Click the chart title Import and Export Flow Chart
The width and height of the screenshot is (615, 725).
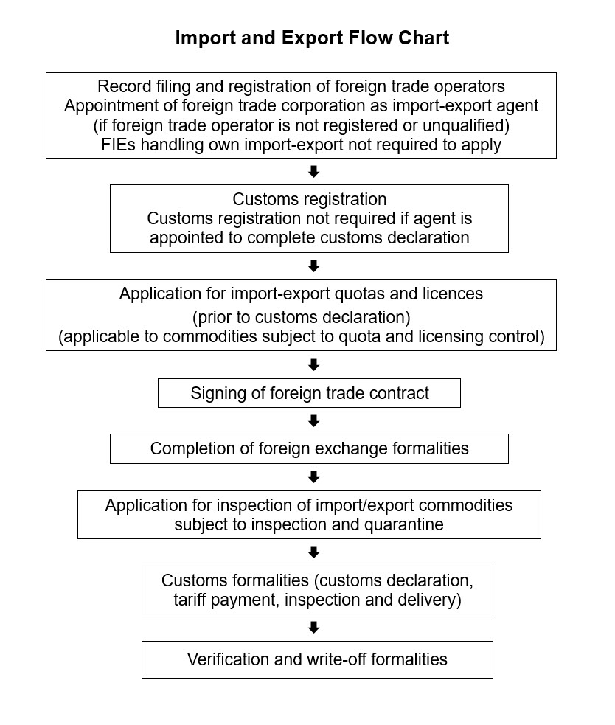pyautogui.click(x=312, y=38)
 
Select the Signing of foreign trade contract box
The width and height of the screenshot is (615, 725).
pyautogui.click(x=309, y=393)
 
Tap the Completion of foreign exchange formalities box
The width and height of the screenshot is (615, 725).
pyautogui.click(x=309, y=448)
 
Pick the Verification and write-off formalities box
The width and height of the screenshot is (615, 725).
pyautogui.click(x=317, y=659)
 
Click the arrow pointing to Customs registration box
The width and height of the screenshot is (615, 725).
pyautogui.click(x=313, y=172)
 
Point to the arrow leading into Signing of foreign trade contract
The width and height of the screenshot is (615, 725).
pyautogui.click(x=313, y=365)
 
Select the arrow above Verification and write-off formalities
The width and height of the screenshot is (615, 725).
pyautogui.click(x=313, y=628)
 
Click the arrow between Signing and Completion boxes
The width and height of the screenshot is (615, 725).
pyautogui.click(x=313, y=421)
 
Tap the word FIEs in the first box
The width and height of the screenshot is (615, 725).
pyautogui.click(x=119, y=145)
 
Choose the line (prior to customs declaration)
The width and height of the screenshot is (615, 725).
pyautogui.click(x=301, y=318)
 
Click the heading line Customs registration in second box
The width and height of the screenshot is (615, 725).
pyautogui.click(x=309, y=199)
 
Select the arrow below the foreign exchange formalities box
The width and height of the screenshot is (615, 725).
pyautogui.click(x=313, y=477)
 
